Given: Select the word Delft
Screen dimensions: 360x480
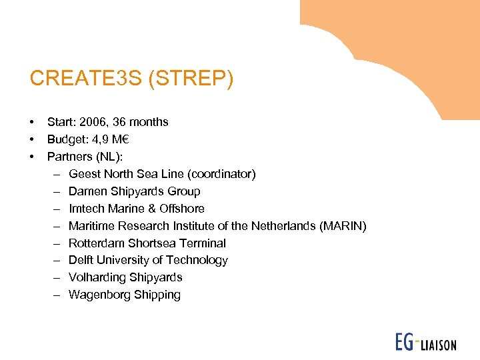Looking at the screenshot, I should tap(81, 260).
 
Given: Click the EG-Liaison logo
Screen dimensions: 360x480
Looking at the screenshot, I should tap(425, 343).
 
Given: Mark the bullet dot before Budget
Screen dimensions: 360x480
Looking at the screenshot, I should tap(31, 139).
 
